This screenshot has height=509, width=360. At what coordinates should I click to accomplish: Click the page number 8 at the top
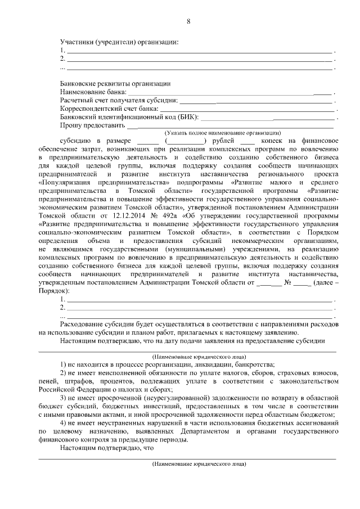click(188, 21)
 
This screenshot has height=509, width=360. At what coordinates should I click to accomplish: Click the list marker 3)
click(64, 398)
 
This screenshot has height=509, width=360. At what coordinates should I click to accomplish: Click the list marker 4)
click(64, 422)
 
